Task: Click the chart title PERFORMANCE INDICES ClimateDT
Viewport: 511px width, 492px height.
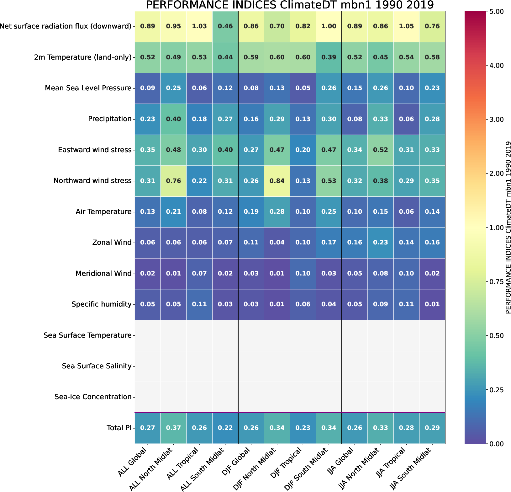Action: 290,5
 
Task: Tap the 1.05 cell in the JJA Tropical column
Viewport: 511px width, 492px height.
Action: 406,26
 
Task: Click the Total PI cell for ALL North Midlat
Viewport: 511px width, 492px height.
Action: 173,428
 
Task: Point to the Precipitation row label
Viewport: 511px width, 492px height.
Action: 110,119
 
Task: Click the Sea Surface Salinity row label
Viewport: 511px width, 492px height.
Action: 97,366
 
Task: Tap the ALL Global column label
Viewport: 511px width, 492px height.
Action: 133,463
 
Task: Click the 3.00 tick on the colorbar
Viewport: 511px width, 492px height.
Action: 496,120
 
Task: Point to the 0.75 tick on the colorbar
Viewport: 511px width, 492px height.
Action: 496,282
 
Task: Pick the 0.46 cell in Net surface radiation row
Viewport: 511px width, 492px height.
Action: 225,26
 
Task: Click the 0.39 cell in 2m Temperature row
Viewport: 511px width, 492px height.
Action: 329,57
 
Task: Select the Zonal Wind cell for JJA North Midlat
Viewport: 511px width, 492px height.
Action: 380,243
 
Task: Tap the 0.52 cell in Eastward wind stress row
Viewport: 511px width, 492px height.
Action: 380,150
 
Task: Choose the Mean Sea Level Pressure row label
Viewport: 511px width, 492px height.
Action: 88,88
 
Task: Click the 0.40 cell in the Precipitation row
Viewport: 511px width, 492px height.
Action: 173,119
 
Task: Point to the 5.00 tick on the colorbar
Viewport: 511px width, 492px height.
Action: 496,12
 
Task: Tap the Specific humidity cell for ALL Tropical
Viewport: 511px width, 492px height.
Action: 199,304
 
